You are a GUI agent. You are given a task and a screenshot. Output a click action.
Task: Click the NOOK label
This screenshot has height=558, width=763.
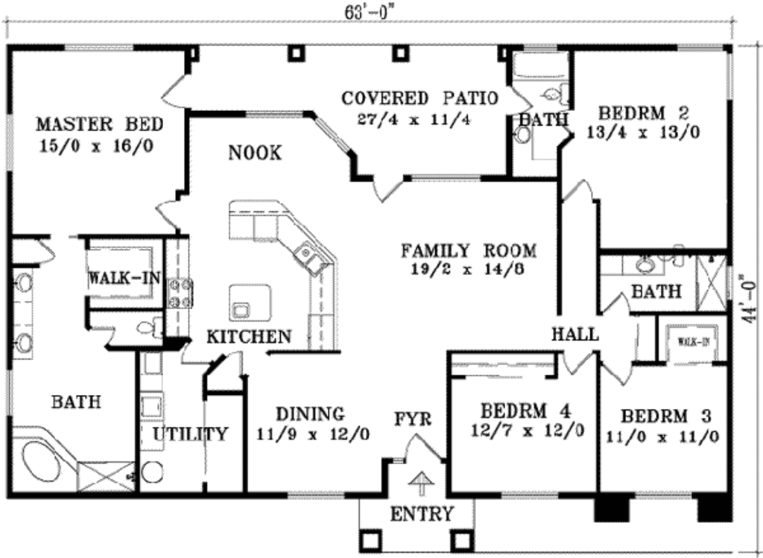pyautogui.click(x=255, y=153)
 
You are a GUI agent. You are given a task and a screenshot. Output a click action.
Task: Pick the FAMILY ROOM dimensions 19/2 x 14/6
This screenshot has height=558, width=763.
pyautogui.click(x=468, y=269)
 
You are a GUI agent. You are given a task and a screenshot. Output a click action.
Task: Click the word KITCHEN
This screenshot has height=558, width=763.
pyautogui.click(x=249, y=337)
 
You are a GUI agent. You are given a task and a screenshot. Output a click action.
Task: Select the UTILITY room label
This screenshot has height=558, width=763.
pyautogui.click(x=190, y=434)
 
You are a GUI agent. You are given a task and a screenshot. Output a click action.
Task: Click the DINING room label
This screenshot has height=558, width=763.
pyautogui.click(x=310, y=413)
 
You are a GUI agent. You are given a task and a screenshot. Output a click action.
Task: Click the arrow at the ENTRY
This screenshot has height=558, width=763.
pyautogui.click(x=421, y=484)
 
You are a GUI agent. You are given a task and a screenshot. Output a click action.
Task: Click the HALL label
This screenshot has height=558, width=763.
pyautogui.click(x=574, y=335)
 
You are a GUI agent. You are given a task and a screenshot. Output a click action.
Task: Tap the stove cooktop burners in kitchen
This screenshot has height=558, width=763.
pyautogui.click(x=180, y=292)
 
